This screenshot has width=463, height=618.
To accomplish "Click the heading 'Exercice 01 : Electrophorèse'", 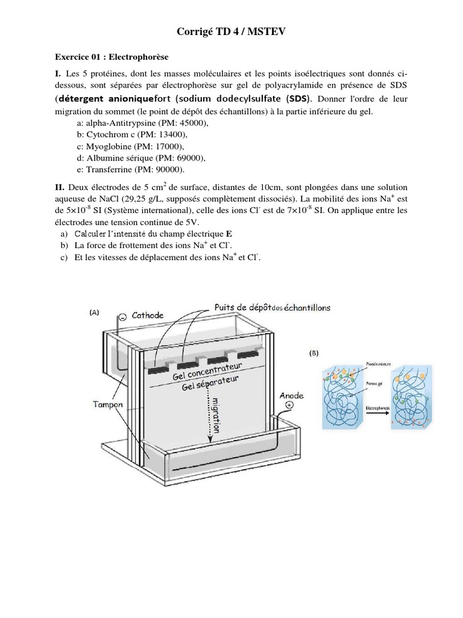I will point(112,57).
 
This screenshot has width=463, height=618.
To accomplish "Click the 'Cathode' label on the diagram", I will point(148,315).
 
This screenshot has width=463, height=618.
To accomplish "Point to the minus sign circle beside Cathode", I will point(122,316).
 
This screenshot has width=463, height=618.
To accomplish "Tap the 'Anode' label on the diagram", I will point(292,395).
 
